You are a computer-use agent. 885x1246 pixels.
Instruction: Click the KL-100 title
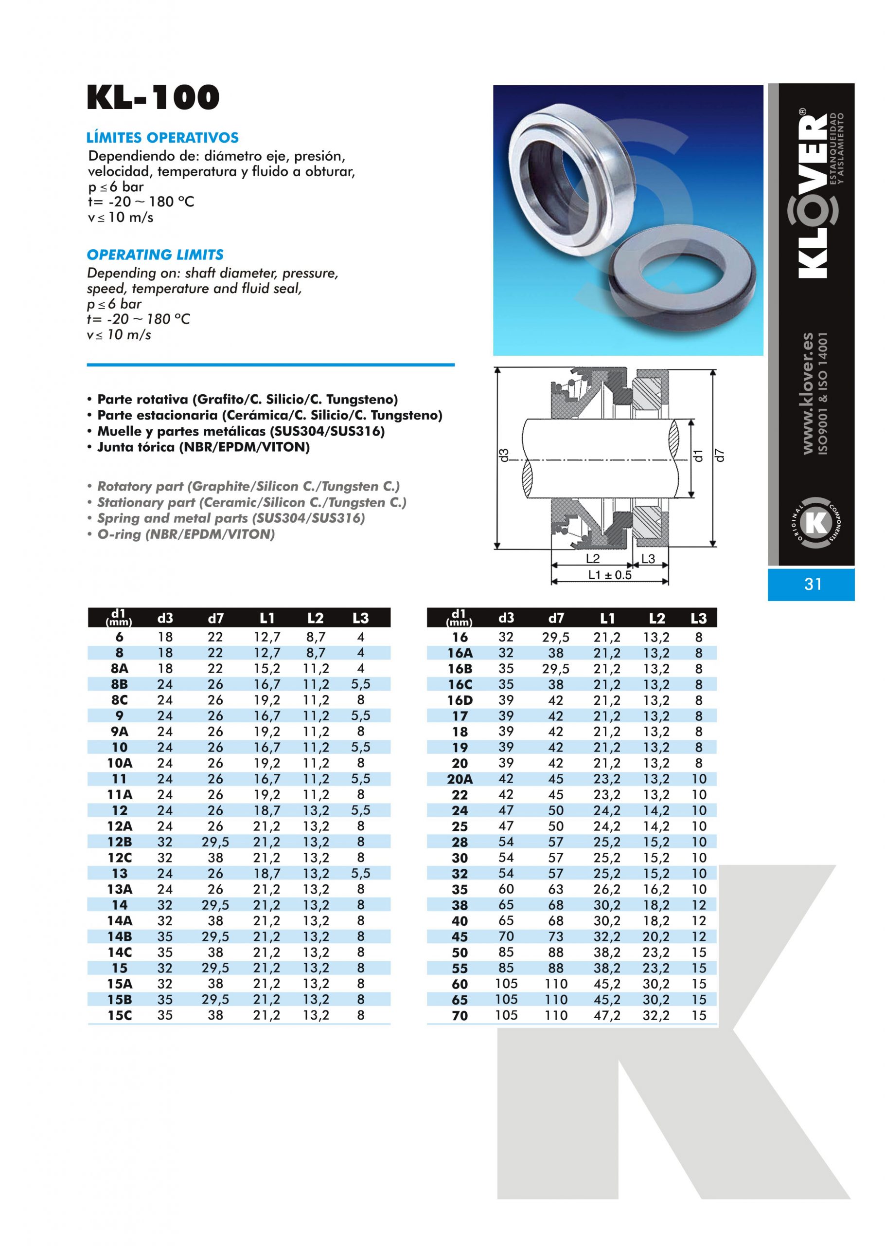(153, 98)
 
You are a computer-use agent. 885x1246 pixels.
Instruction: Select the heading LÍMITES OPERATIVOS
(162, 137)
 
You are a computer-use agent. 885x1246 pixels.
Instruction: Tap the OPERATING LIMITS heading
(155, 255)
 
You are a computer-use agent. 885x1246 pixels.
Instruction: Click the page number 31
(813, 584)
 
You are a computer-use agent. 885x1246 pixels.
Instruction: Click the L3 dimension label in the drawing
(648, 558)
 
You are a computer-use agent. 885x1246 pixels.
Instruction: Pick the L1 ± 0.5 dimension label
(609, 575)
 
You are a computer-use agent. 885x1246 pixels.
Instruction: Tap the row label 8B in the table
(119, 684)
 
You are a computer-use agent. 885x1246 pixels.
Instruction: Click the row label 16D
(460, 701)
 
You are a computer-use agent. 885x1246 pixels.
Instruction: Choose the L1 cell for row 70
(606, 1015)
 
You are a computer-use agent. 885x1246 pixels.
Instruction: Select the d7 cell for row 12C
(215, 858)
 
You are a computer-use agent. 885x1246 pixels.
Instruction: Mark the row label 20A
(460, 779)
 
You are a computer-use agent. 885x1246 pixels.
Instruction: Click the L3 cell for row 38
(699, 905)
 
